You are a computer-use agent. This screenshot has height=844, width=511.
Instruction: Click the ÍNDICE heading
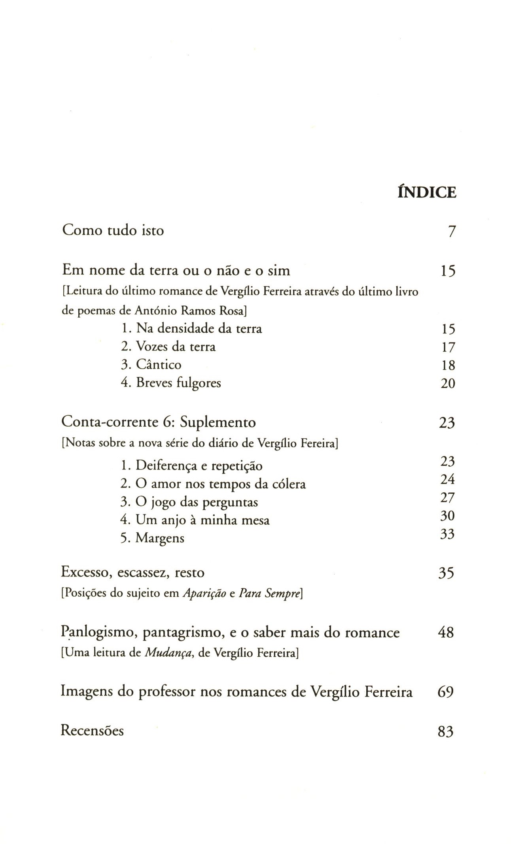(426, 192)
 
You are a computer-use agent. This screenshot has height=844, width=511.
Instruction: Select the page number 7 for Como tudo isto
(452, 231)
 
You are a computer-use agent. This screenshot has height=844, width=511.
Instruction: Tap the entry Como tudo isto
(113, 230)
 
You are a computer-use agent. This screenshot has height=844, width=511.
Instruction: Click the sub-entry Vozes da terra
(168, 347)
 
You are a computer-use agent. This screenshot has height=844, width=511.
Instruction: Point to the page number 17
(448, 347)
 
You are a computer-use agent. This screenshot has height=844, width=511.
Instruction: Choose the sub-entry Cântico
(151, 364)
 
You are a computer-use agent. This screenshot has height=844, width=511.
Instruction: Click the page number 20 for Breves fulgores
(448, 383)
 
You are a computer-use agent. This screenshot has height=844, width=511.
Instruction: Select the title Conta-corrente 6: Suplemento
(159, 422)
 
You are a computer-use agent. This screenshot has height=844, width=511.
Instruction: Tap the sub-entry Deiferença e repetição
(191, 466)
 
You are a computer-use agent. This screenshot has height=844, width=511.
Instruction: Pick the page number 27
(447, 497)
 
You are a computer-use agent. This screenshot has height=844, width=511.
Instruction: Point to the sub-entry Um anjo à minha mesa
(195, 520)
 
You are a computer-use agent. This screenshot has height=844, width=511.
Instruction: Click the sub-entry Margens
(152, 538)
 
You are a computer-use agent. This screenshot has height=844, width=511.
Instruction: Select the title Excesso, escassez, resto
(132, 572)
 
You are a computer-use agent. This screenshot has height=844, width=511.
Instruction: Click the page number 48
(446, 633)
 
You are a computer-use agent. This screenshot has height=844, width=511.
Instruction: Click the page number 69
(445, 692)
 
